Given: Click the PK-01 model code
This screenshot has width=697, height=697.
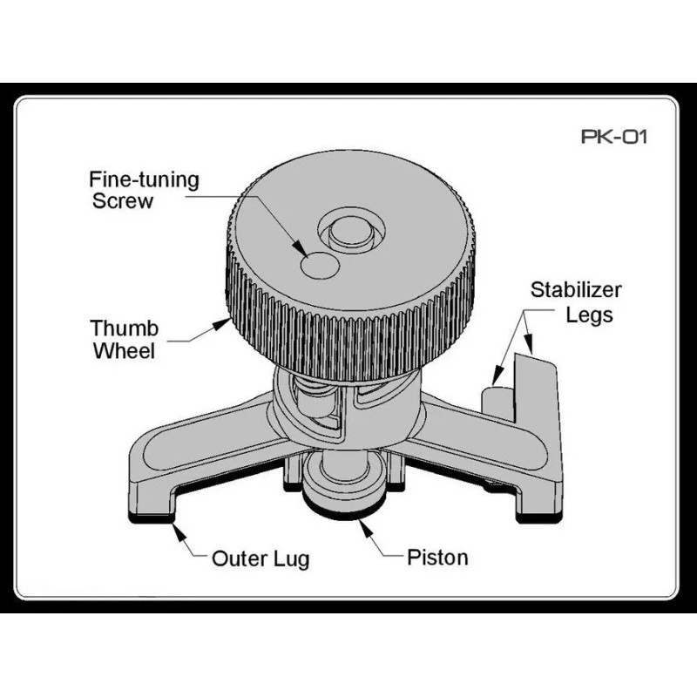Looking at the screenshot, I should [x=614, y=137].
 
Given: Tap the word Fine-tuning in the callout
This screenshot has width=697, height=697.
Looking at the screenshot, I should [x=145, y=180].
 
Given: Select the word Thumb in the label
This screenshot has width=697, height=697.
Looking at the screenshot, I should [x=125, y=329].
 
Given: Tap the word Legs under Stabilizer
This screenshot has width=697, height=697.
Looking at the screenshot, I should [x=589, y=315].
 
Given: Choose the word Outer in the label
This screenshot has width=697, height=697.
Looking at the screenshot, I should [x=238, y=558].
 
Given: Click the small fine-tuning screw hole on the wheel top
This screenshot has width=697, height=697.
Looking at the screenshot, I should [x=317, y=264].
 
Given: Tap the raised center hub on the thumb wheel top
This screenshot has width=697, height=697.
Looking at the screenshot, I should [x=352, y=231].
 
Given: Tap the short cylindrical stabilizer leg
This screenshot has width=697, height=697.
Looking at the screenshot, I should [x=494, y=396].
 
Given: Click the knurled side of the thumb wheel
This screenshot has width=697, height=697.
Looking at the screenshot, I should [x=348, y=335].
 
